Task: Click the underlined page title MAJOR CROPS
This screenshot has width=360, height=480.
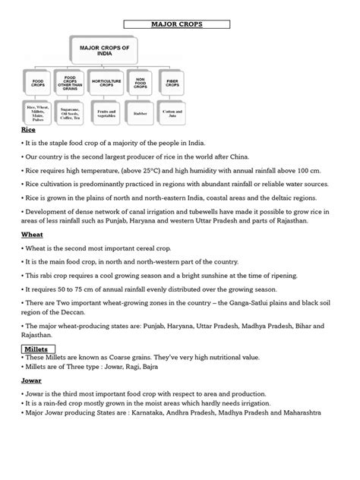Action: pyautogui.click(x=180, y=24)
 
